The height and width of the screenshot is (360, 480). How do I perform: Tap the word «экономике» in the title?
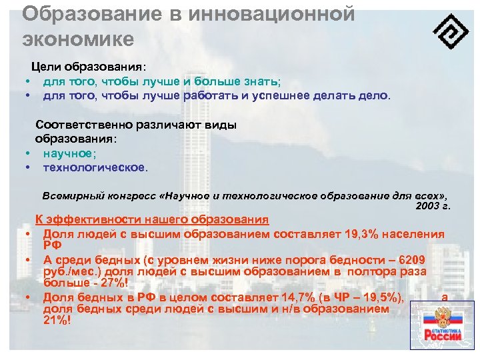[x=78, y=38]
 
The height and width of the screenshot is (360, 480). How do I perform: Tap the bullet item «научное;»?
[x=70, y=153]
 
